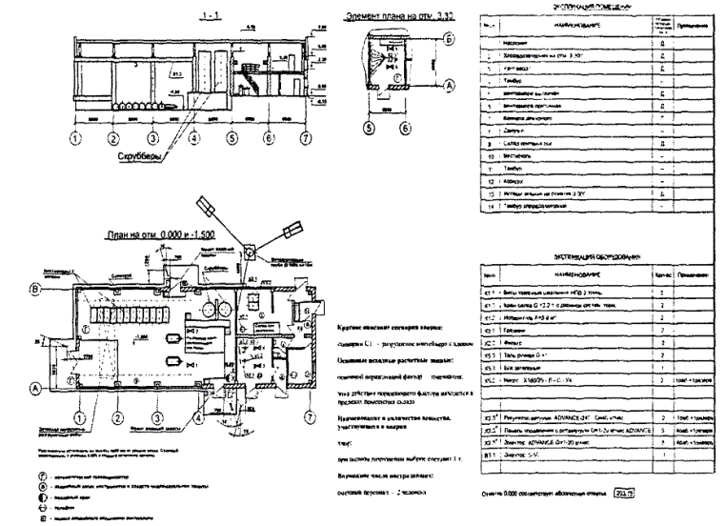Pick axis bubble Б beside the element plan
click(448, 39)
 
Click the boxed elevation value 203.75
click(623, 496)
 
